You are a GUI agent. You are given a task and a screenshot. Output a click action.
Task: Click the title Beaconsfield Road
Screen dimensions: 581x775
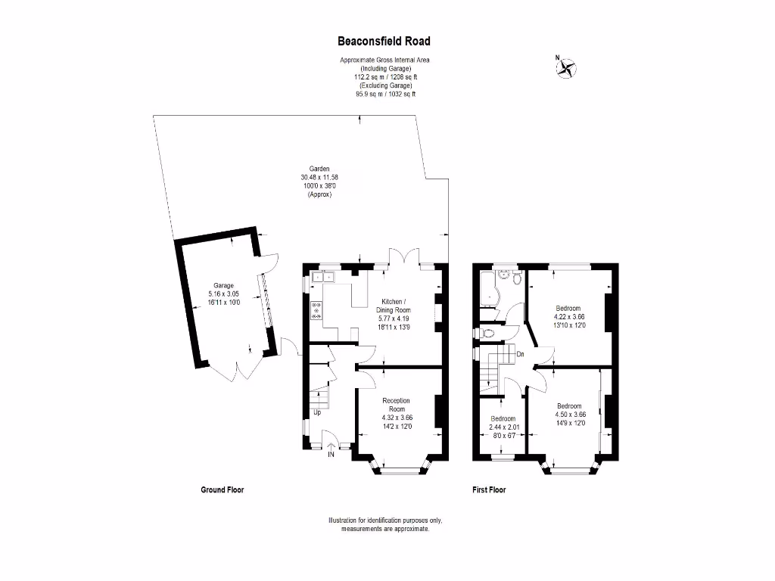point(384,42)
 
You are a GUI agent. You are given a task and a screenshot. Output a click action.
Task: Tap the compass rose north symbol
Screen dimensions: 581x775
point(565,68)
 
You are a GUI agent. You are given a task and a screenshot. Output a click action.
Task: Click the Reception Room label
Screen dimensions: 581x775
point(396,404)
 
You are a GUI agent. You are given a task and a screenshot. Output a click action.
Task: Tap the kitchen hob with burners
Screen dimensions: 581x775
point(316,310)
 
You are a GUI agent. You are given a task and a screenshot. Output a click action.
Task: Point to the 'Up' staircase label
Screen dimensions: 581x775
point(316,413)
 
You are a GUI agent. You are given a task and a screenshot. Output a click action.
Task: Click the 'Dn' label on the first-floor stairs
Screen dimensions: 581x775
point(521,354)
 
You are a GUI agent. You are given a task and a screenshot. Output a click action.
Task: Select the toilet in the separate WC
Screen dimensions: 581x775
point(488,332)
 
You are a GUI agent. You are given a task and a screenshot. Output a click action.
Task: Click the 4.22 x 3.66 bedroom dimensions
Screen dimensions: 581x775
point(569,317)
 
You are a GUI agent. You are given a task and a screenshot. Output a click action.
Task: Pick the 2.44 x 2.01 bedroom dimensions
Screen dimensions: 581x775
point(503,427)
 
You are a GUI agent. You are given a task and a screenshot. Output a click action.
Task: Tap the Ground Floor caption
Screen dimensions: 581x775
point(222,490)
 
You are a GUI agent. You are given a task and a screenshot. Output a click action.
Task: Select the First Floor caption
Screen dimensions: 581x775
point(489,490)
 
